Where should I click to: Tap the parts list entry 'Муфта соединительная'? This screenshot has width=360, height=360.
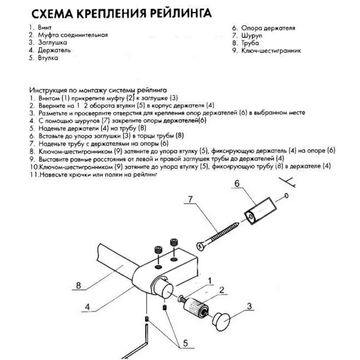coord(72,35)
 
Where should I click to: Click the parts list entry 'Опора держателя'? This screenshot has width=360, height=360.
coord(269,28)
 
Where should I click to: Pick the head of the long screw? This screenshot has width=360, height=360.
coord(201,246)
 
